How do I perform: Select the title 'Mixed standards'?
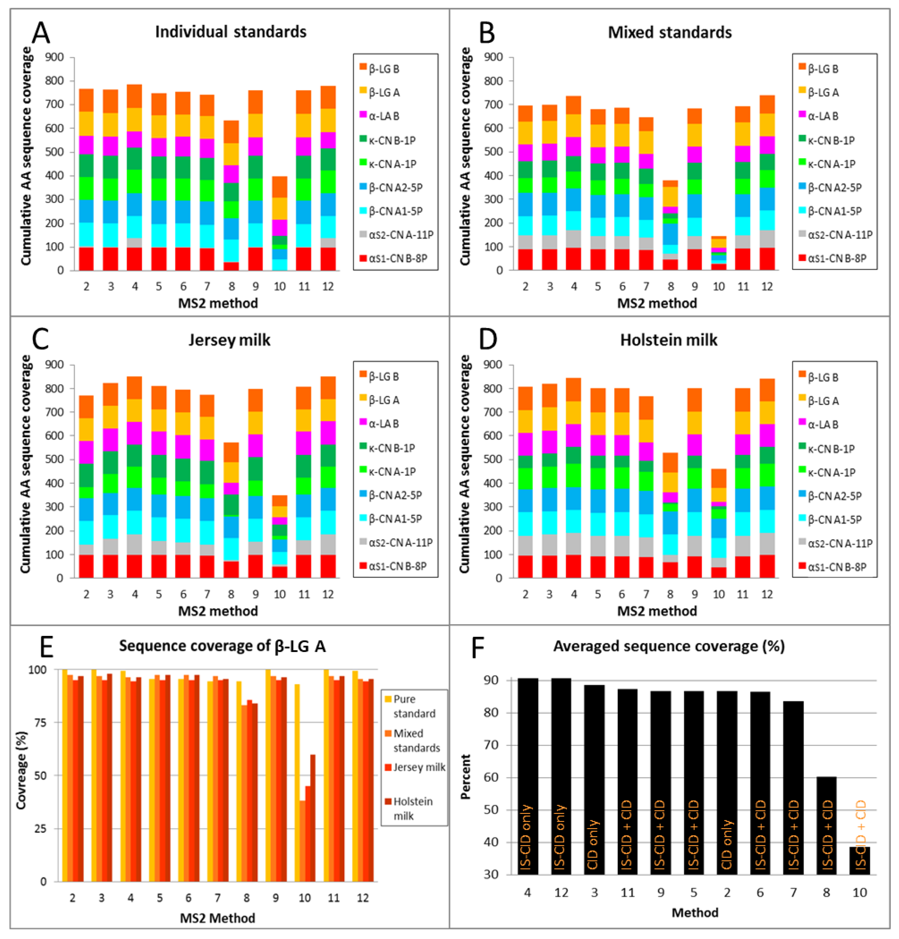tap(670, 33)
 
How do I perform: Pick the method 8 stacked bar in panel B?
tap(671, 225)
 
